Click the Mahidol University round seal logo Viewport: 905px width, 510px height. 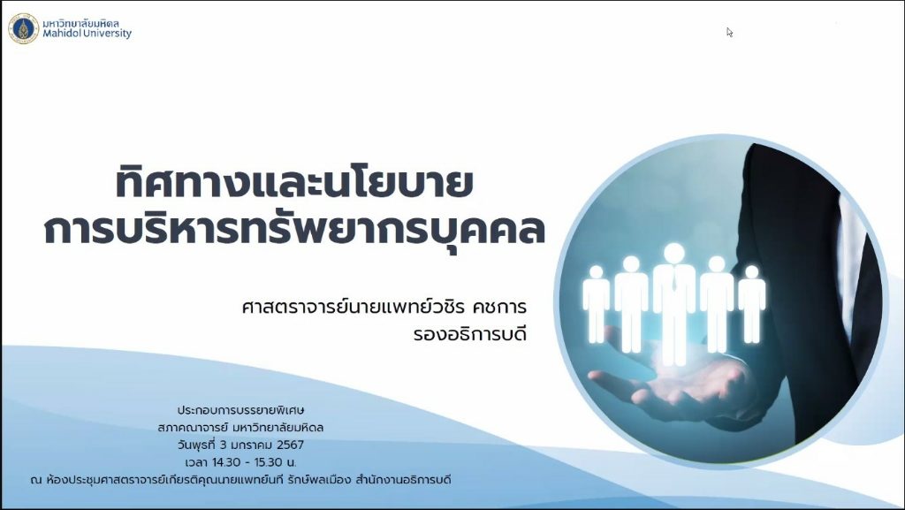23,28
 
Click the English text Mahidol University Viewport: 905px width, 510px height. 87,34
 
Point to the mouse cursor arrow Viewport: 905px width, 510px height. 729,33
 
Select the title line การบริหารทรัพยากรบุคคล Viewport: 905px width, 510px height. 294,229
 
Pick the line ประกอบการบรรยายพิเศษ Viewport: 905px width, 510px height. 240,410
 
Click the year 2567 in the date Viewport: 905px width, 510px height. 290,445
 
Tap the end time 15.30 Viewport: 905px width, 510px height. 268,462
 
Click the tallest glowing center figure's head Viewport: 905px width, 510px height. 673,253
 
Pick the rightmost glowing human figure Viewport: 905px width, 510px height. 751,304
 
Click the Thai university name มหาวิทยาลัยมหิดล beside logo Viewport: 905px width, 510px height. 81,23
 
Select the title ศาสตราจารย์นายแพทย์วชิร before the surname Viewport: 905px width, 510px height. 354,307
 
